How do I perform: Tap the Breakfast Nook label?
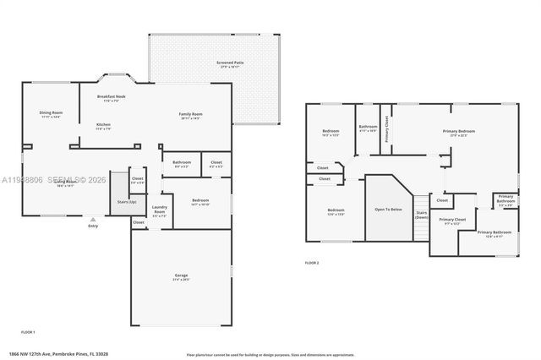112,97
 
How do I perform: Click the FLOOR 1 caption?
29,332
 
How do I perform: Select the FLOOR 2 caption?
312,263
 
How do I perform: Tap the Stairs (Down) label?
421,214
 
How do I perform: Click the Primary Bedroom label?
459,131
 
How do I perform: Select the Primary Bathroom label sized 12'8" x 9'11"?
494,232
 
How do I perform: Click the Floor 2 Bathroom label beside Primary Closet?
368,128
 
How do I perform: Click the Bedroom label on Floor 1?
199,201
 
